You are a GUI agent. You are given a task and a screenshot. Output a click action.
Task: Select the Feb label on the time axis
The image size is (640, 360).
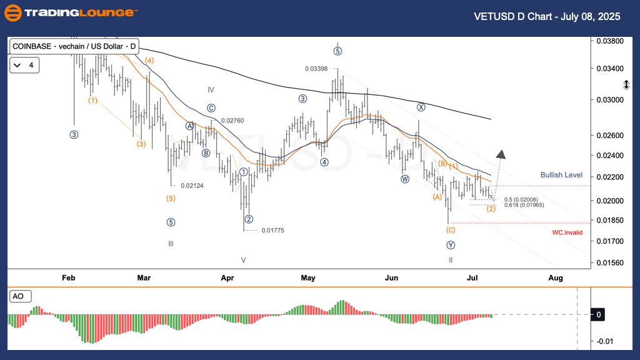69,277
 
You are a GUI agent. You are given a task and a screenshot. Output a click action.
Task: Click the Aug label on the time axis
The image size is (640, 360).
556,277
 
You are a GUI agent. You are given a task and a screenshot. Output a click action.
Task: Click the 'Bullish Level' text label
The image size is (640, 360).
561,175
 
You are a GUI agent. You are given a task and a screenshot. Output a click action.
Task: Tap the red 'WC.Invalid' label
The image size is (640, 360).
567,232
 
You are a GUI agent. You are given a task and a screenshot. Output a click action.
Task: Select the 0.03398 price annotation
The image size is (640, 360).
316,69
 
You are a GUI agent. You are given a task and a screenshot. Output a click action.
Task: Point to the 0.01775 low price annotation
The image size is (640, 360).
273,231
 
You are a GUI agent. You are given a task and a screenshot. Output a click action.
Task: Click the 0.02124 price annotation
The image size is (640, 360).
192,186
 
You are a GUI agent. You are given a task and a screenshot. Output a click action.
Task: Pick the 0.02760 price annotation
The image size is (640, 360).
232,121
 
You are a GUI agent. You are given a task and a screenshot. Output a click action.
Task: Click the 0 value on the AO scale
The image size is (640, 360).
598,315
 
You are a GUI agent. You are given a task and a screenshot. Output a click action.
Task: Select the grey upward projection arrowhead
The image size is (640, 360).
501,154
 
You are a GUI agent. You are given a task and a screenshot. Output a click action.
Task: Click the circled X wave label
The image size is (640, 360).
421,107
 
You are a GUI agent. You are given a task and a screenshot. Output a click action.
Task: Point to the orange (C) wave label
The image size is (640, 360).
451,230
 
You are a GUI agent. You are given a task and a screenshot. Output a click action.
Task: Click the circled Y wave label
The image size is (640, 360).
450,245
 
